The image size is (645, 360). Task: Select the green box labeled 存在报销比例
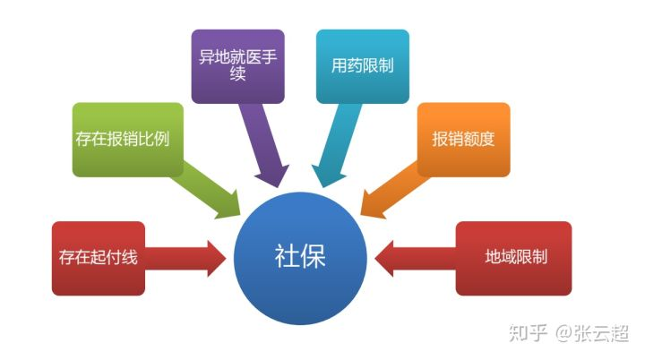(x=127, y=140)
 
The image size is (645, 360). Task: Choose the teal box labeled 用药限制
(x=362, y=65)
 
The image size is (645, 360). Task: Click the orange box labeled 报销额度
(x=463, y=140)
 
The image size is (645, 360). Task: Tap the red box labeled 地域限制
(x=513, y=258)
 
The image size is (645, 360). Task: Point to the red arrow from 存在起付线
(x=184, y=258)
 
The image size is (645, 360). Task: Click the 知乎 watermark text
(x=528, y=333)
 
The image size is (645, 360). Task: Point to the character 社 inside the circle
(x=287, y=257)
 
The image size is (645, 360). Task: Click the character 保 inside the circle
(x=314, y=257)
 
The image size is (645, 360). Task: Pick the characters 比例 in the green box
(x=167, y=140)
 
